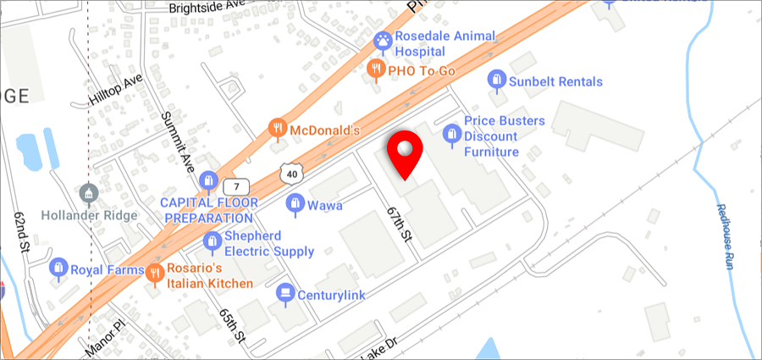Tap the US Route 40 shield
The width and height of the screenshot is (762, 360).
point(290,173)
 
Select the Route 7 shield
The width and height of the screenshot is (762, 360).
point(238,186)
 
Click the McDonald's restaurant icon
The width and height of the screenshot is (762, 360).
point(277,130)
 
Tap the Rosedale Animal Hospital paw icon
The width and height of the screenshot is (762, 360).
point(383,40)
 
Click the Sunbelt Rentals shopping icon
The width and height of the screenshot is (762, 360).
point(497,82)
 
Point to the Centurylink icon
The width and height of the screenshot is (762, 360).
point(285,293)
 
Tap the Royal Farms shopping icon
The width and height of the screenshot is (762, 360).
point(58,270)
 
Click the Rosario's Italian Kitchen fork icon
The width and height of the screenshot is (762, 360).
point(155,273)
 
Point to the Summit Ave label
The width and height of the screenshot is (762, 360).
point(179,139)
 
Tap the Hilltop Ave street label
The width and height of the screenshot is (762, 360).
point(116,91)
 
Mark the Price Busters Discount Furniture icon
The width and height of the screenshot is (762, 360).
point(452,135)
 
